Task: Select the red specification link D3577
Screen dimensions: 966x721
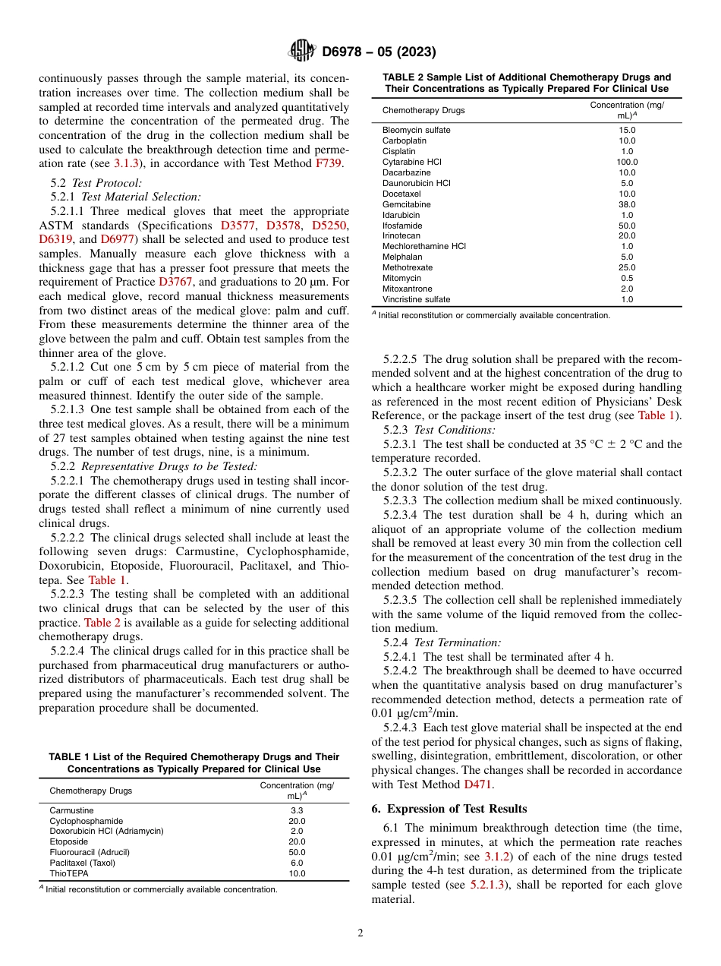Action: click(238, 226)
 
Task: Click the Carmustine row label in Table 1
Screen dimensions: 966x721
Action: click(72, 810)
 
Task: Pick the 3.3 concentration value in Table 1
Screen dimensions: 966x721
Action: click(297, 810)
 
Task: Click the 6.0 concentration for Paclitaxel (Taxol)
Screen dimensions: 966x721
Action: click(297, 863)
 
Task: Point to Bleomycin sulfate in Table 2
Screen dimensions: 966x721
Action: click(416, 131)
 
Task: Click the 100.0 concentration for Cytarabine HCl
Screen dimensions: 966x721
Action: click(627, 162)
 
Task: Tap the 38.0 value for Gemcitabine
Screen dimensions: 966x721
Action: click(627, 204)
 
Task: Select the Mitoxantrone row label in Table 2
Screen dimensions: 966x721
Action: click(407, 289)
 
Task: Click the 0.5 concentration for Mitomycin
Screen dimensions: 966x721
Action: click(627, 278)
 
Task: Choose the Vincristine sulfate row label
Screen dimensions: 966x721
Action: click(416, 299)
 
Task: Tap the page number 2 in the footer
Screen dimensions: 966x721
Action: click(360, 933)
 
